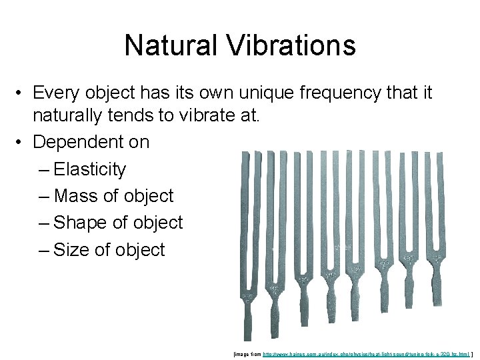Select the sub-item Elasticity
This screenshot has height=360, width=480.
click(x=89, y=169)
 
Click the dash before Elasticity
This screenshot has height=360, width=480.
click(x=44, y=170)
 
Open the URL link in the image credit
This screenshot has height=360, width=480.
click(x=366, y=353)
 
